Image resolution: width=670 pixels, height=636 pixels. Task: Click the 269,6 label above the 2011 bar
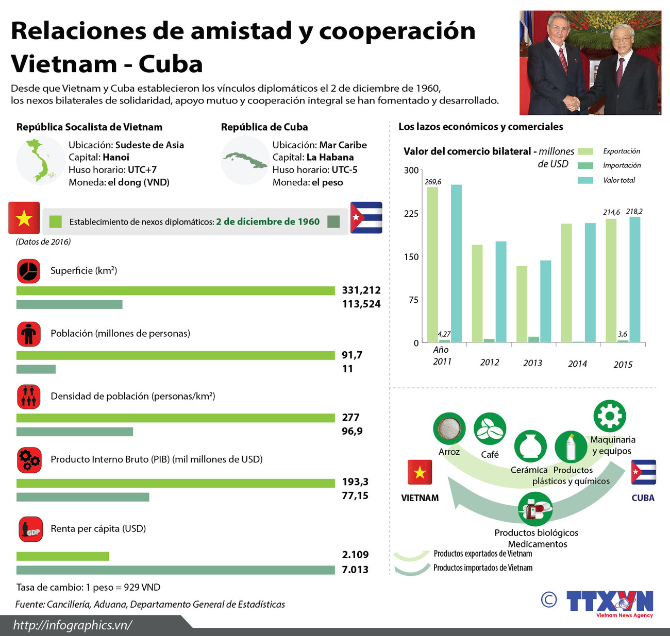click(432, 182)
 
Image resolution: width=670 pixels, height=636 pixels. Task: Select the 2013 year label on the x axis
click(532, 363)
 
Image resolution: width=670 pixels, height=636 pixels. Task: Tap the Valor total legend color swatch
click(585, 180)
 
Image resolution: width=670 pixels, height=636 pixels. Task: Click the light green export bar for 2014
click(566, 283)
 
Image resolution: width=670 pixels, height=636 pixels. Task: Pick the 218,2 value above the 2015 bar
click(634, 212)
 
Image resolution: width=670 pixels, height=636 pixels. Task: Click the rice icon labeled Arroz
click(449, 428)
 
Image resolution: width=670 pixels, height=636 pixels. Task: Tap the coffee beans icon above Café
click(490, 429)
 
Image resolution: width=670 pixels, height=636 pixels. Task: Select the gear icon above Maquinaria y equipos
click(610, 416)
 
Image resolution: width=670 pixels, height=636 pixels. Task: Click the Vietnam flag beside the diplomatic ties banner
click(24, 218)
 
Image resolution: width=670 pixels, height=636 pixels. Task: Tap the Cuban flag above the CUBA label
click(643, 472)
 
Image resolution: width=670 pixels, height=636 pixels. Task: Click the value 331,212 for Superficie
click(361, 290)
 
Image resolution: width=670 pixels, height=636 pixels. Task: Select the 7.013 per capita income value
click(355, 570)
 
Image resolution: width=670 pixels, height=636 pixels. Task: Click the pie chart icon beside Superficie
click(29, 271)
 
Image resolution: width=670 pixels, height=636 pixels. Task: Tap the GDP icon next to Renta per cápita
click(30, 529)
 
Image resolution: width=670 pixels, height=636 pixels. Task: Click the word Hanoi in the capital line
click(116, 158)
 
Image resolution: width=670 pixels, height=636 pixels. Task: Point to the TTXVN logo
click(609, 601)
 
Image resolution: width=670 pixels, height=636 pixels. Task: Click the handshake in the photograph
click(572, 104)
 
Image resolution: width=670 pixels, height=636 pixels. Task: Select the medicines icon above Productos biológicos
click(535, 509)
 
